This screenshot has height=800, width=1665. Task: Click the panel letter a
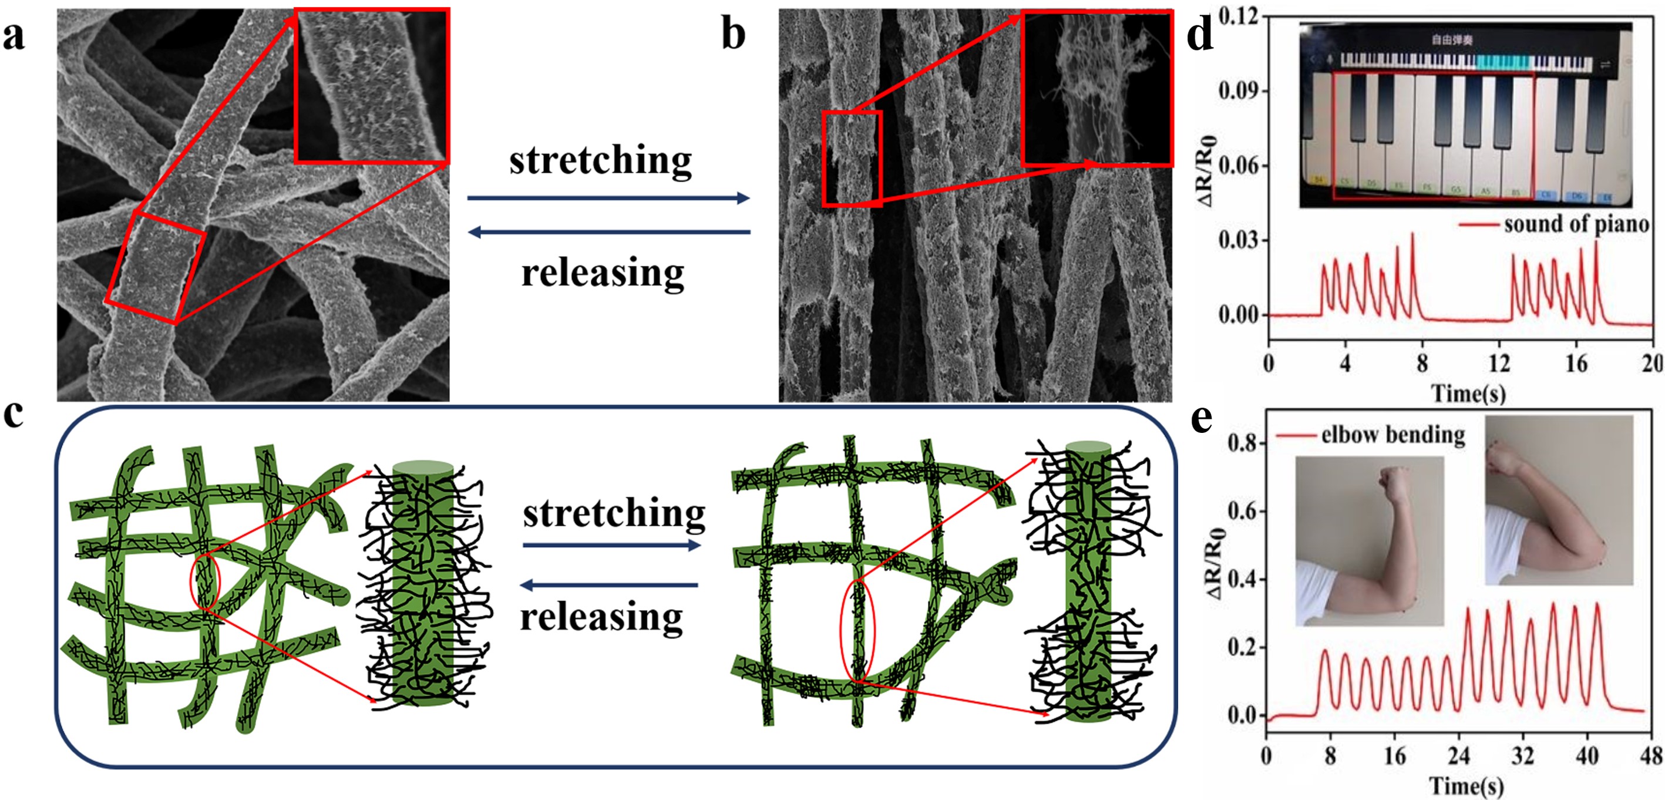14,36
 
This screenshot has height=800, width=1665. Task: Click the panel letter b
734,36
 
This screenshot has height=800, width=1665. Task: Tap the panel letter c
14,414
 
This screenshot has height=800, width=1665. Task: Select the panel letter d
1200,36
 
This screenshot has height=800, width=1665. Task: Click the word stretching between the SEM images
600,160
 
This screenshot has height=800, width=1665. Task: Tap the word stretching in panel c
614,513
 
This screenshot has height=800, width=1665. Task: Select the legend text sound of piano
1576,224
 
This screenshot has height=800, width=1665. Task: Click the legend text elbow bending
1393,435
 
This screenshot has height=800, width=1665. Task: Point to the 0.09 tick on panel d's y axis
1239,91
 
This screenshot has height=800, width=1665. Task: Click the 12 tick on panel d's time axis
1499,364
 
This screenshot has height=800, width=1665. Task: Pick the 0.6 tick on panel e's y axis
1241,512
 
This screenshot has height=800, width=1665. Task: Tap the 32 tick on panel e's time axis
1522,755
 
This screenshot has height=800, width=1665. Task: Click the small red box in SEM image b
852,159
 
